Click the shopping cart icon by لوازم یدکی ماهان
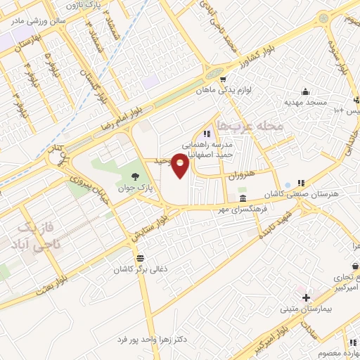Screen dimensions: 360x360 point(223,79)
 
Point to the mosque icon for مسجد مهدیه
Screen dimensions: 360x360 point(305,91)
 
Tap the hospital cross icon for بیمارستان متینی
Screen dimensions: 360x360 point(306,298)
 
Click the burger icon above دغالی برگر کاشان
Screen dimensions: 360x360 point(141,257)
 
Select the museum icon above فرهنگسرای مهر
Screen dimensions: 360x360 point(243,199)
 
